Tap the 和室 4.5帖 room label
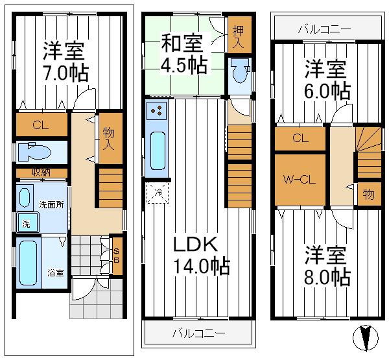(x=183, y=55)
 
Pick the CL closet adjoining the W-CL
(x=299, y=138)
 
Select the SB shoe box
(x=117, y=256)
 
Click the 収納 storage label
(x=40, y=173)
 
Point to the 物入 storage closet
(x=109, y=138)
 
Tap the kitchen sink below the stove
(x=158, y=149)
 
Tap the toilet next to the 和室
(x=237, y=73)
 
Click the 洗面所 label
(x=51, y=204)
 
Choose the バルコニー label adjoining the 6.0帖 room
(x=324, y=29)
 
